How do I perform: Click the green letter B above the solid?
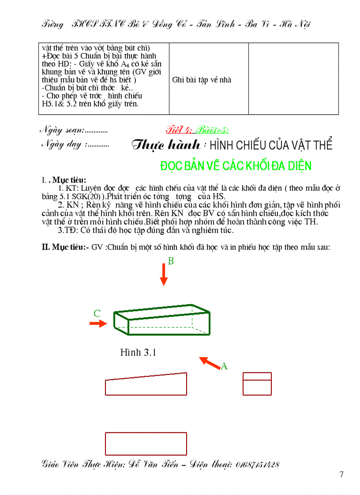tap(171, 261)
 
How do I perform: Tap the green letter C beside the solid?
tap(97, 314)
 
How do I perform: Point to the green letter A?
tap(224, 366)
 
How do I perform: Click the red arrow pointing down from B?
tap(164, 276)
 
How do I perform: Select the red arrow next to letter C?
tap(98, 324)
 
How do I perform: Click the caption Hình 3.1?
tap(138, 352)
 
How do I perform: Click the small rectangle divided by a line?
tap(257, 384)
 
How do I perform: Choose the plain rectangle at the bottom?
tap(146, 443)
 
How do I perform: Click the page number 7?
tap(341, 475)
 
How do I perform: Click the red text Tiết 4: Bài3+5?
tap(197, 130)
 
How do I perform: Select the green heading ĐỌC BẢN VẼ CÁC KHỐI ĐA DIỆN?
tap(236, 166)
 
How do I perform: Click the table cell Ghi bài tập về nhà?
tap(202, 80)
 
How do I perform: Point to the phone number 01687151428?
tap(258, 465)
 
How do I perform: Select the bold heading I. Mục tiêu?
tap(64, 180)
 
